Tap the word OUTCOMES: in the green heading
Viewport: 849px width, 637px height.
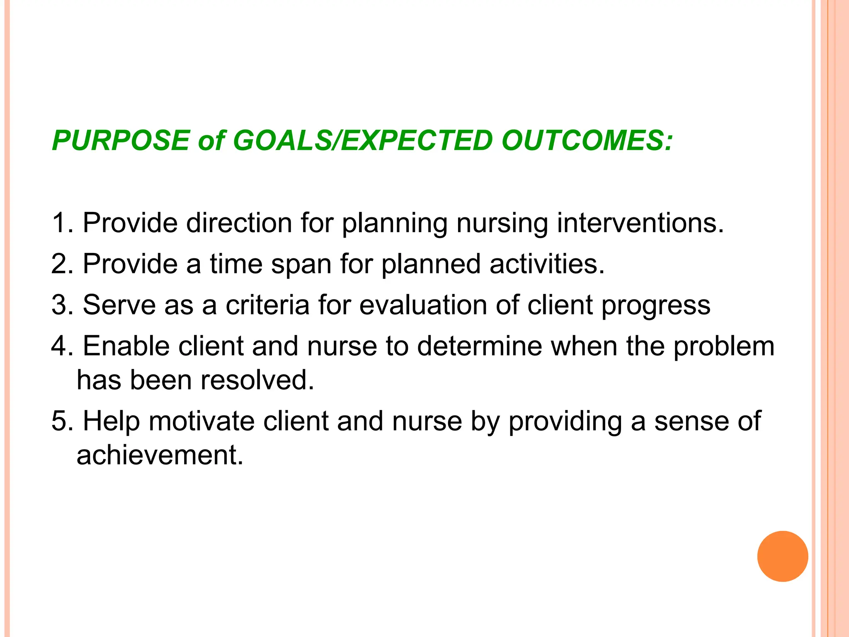click(x=587, y=141)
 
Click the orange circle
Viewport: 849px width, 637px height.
click(x=782, y=556)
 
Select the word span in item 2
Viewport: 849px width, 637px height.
click(x=301, y=265)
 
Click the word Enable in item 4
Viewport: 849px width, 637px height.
click(x=126, y=346)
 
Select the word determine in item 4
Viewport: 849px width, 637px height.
click(x=479, y=346)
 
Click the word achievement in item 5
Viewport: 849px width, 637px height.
click(x=160, y=455)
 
